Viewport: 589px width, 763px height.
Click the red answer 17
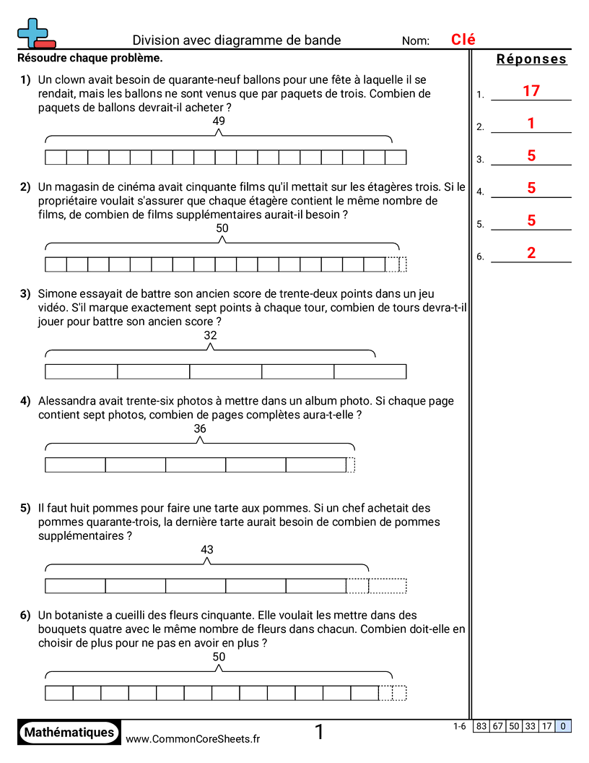pos(531,91)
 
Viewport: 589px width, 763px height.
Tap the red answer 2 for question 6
pos(531,253)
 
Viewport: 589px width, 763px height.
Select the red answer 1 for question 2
pos(531,124)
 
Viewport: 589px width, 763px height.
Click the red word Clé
pos(463,40)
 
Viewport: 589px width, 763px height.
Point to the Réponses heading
pos(532,59)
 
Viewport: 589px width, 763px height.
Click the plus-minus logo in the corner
pos(35,33)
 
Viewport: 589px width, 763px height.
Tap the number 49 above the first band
pos(219,121)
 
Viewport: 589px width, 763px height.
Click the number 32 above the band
pos(210,335)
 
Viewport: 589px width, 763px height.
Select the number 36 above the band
pos(200,428)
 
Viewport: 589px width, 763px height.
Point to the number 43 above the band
pos(207,550)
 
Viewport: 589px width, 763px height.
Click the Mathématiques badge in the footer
pos(69,732)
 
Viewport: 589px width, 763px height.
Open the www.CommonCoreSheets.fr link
pos(193,738)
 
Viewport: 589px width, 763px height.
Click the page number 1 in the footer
pos(319,733)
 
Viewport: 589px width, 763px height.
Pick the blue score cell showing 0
pos(563,727)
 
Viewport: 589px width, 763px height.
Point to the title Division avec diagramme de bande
pos(237,40)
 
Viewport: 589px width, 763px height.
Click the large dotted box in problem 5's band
pos(388,586)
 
